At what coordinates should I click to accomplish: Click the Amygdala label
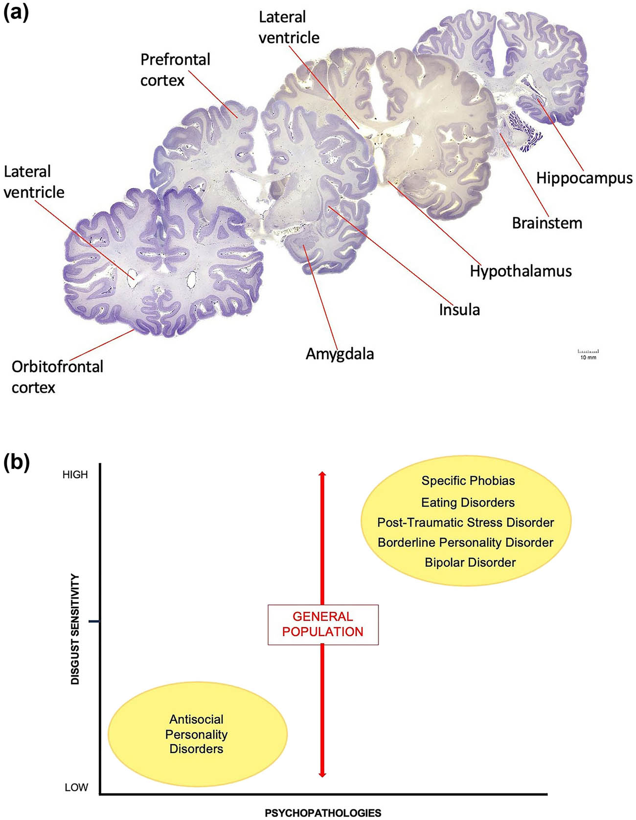click(340, 354)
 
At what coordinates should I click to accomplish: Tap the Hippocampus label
click(584, 178)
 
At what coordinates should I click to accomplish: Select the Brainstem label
click(547, 223)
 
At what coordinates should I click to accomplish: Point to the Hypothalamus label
click(521, 271)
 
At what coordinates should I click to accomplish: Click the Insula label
click(459, 310)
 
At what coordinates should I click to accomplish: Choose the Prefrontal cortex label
click(175, 70)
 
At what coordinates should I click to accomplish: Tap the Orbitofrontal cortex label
click(57, 377)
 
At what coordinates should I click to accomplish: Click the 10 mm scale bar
click(588, 354)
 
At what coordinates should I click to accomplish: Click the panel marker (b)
click(16, 462)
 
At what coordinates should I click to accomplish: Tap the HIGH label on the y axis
click(75, 474)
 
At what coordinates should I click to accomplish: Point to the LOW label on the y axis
click(76, 787)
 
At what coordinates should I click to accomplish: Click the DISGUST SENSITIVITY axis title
click(75, 629)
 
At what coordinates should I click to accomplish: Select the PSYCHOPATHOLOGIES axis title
click(323, 813)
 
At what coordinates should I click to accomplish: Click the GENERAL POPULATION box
click(323, 624)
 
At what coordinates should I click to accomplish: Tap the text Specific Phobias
click(468, 481)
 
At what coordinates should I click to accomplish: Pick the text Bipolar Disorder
click(470, 562)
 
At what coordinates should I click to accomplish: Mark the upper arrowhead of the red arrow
click(322, 474)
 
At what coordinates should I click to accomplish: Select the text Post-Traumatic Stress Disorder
click(465, 522)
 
